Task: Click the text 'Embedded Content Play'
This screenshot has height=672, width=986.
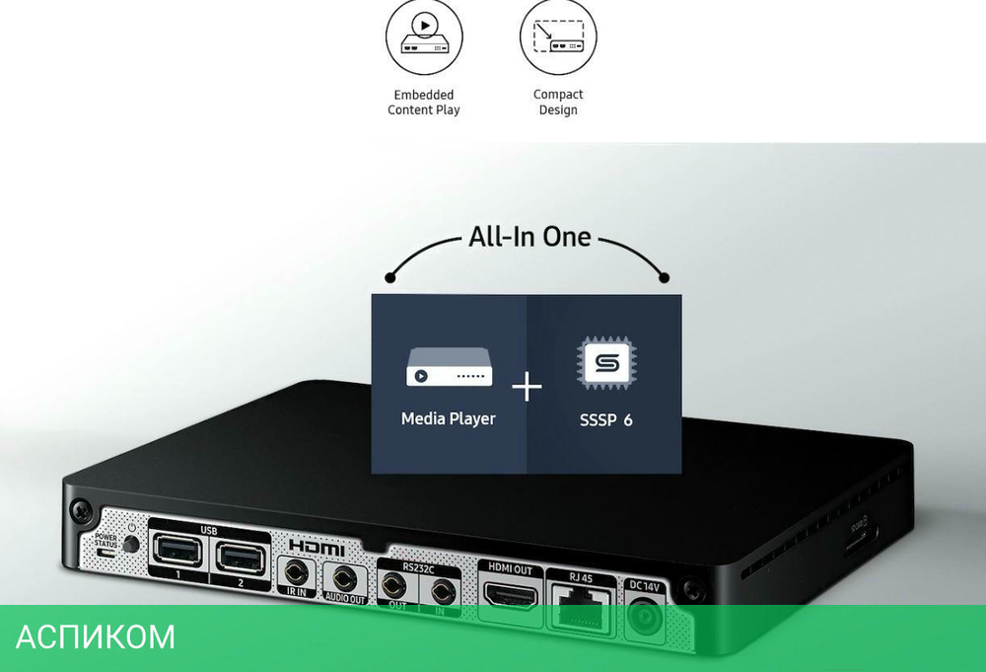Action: coord(423,103)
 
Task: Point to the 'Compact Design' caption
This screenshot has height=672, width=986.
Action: coord(558,103)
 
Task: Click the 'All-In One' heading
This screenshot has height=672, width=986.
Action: coord(529,238)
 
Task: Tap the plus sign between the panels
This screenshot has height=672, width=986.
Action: coord(528,388)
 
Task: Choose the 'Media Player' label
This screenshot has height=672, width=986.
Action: coord(449,419)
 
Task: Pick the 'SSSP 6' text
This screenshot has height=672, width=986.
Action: coord(605,420)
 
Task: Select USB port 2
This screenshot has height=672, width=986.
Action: coord(240,558)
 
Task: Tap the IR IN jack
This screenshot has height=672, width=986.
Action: coord(296,572)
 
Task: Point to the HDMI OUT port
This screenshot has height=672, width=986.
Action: coord(510,595)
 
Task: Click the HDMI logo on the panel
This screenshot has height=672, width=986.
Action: coord(317,547)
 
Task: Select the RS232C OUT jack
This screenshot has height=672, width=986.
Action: coord(397,590)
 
